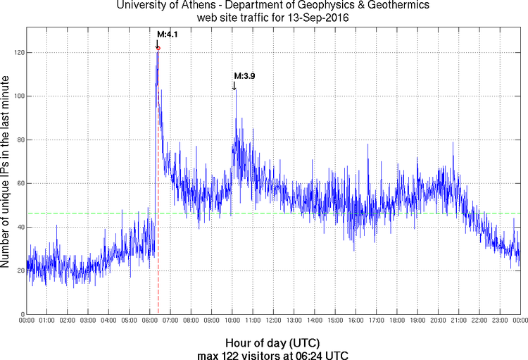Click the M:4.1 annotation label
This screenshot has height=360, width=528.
pos(166,33)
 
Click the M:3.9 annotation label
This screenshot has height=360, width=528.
pos(244,75)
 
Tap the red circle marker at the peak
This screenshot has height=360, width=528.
pos(158,49)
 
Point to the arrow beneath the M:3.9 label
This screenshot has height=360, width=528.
pos(234,85)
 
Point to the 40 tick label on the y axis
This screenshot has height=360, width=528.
pos(20,227)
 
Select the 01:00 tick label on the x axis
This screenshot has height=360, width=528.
pos(47,321)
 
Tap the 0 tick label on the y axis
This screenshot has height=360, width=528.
pos(22,314)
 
